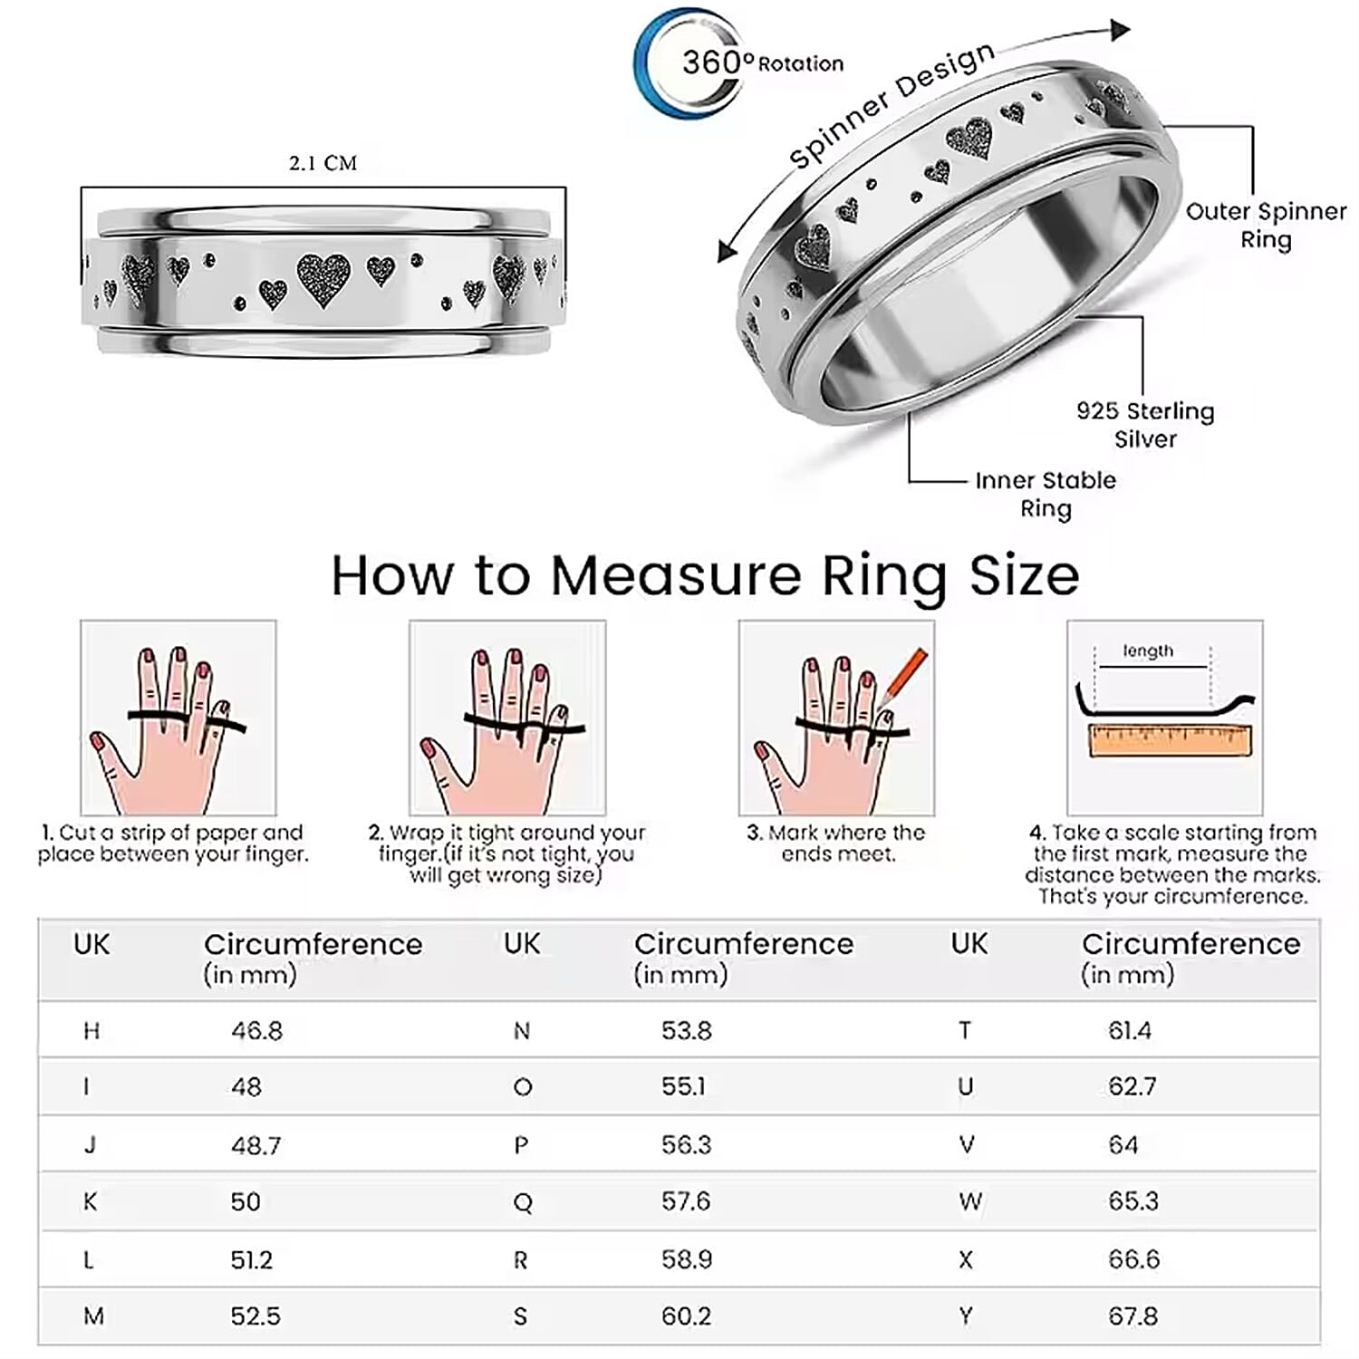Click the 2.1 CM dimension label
(x=323, y=164)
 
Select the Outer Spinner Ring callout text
(x=1266, y=226)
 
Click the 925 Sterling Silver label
(x=1145, y=425)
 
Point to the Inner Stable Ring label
(x=1046, y=494)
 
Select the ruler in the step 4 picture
(x=1170, y=740)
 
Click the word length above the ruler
(x=1147, y=651)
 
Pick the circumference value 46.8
(x=256, y=1031)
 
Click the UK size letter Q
(x=522, y=1202)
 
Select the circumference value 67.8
(x=1132, y=1316)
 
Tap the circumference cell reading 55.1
(x=683, y=1086)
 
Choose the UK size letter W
(x=969, y=1202)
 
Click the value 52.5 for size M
(x=255, y=1316)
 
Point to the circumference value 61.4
(x=1130, y=1031)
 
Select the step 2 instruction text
(x=506, y=853)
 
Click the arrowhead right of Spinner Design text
(x=1120, y=31)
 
